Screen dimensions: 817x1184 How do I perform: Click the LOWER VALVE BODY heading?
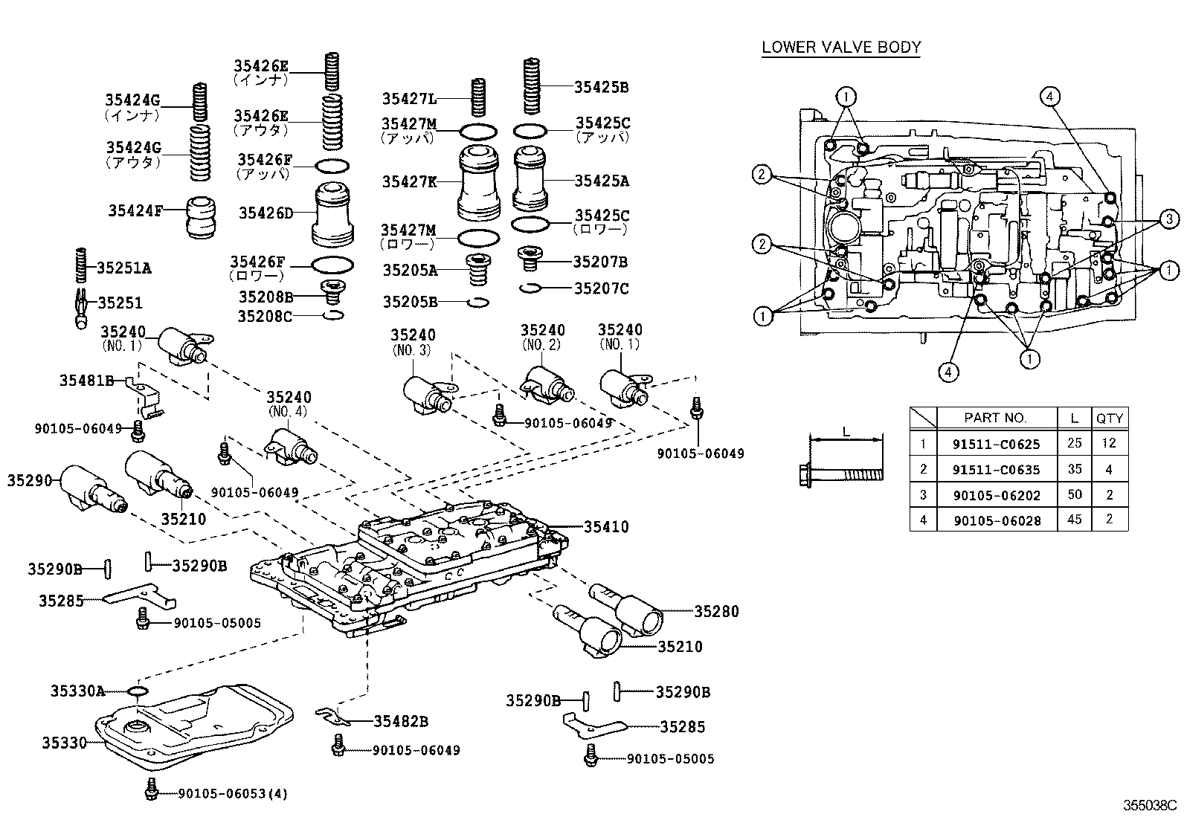(841, 48)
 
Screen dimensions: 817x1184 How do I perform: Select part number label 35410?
(606, 527)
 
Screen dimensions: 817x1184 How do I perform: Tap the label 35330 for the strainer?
(64, 742)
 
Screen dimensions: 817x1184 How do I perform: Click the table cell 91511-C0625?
(996, 444)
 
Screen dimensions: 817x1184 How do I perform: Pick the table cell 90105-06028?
(996, 520)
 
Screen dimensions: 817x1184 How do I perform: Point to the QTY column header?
(1109, 418)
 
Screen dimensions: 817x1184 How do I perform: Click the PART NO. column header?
(995, 418)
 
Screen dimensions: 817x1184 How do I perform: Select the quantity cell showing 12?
(1109, 443)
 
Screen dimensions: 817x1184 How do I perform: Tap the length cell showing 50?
(1074, 494)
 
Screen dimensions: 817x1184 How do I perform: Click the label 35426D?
(266, 213)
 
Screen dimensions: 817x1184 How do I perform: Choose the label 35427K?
(410, 181)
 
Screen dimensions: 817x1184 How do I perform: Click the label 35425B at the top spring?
(602, 87)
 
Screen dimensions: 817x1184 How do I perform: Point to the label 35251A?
(124, 268)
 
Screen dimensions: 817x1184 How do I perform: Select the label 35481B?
(86, 381)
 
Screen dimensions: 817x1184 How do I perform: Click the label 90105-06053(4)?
(233, 793)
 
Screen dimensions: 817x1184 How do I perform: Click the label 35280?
(717, 611)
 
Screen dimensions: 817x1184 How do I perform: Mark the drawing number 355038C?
(1150, 805)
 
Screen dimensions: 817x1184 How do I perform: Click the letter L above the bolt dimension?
(846, 430)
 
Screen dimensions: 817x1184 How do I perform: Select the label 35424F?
(135, 210)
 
